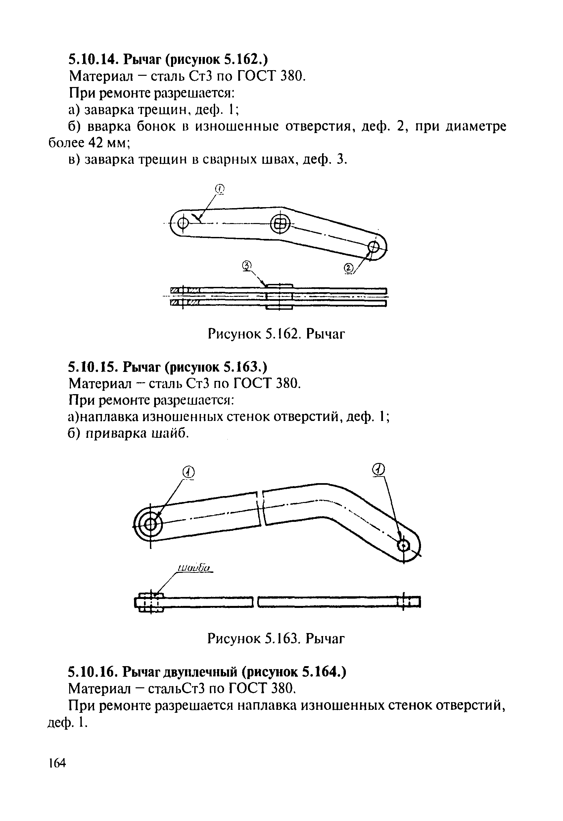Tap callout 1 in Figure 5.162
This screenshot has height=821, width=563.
click(220, 189)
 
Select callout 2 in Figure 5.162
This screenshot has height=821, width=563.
click(348, 268)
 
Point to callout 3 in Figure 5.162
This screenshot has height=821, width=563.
click(247, 266)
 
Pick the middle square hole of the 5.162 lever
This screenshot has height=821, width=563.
click(280, 224)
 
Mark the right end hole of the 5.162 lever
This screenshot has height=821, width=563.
click(373, 246)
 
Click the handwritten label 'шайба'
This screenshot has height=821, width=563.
click(194, 568)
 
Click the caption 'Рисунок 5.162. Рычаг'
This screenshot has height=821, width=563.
click(276, 333)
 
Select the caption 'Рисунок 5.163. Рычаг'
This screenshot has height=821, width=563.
click(276, 639)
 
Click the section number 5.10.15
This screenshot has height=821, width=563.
click(93, 367)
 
